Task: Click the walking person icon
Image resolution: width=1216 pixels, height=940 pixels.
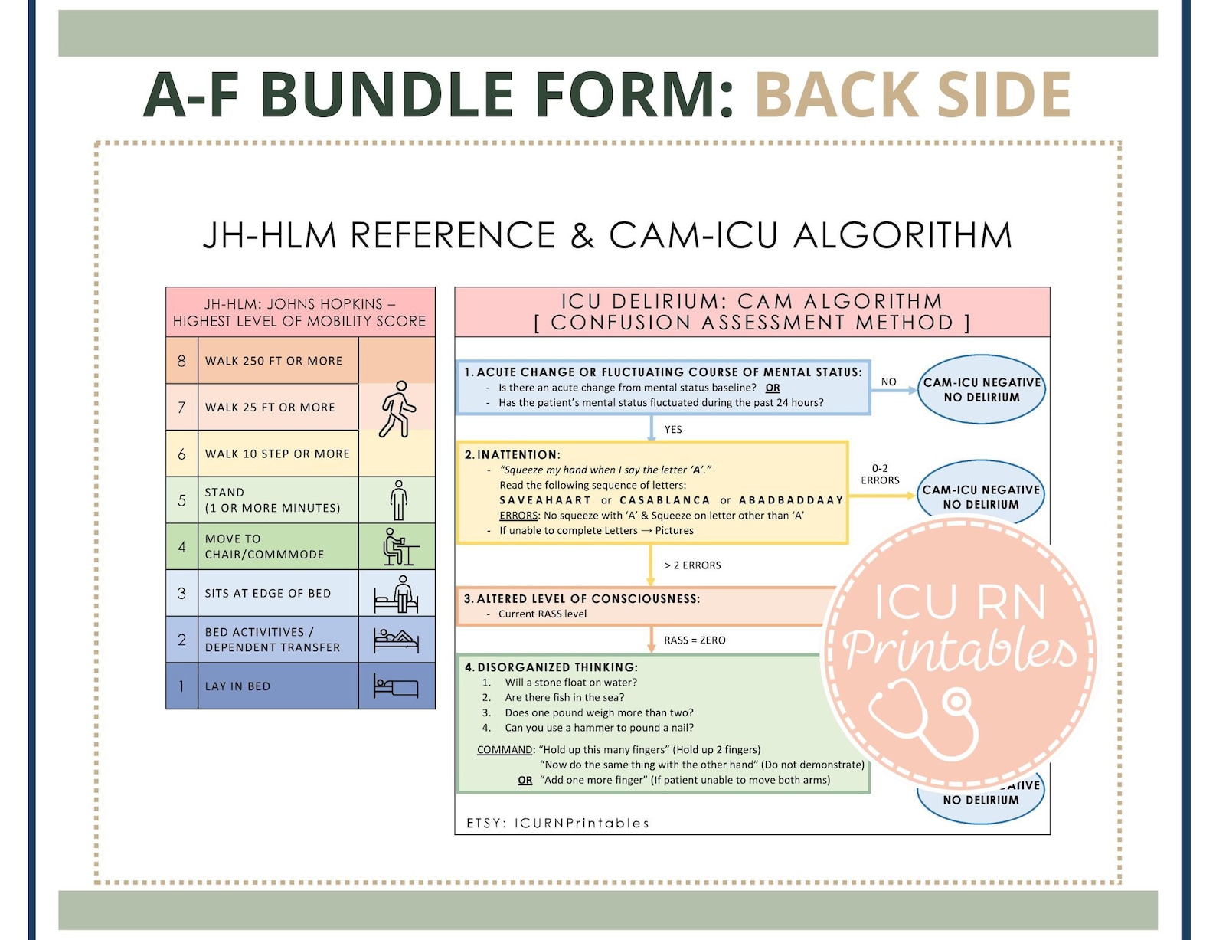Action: tap(397, 409)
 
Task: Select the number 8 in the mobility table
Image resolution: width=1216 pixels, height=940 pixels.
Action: tap(181, 361)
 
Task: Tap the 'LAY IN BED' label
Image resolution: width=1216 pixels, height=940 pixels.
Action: tap(237, 686)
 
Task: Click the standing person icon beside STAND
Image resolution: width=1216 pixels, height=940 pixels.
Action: tap(398, 500)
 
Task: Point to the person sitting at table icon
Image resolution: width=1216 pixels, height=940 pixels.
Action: tap(399, 547)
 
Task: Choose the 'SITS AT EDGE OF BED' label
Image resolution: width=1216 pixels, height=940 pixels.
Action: tap(268, 593)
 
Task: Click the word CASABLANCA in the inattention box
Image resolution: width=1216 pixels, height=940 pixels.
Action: tap(665, 500)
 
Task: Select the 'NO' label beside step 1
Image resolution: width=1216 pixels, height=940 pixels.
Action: tap(888, 382)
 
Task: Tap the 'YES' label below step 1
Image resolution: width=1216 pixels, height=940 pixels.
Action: tap(673, 430)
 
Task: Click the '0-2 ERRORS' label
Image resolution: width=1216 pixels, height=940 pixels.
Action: tap(880, 474)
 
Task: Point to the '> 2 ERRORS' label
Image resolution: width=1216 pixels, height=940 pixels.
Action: tap(692, 565)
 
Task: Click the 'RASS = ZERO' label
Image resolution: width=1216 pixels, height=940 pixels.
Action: tap(695, 640)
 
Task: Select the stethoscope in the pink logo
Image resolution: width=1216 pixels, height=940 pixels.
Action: tap(927, 716)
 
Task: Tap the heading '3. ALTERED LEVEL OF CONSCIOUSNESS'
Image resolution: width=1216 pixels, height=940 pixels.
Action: tap(582, 599)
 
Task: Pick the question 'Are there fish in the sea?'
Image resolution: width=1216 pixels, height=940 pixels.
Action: tap(564, 698)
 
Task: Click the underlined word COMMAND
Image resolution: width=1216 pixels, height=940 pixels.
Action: tap(505, 750)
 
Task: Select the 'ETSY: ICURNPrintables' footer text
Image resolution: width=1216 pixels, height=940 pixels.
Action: tap(557, 824)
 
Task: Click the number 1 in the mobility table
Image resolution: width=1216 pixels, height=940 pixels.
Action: tap(181, 686)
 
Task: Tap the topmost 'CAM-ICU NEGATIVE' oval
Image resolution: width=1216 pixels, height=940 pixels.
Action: tap(982, 389)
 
